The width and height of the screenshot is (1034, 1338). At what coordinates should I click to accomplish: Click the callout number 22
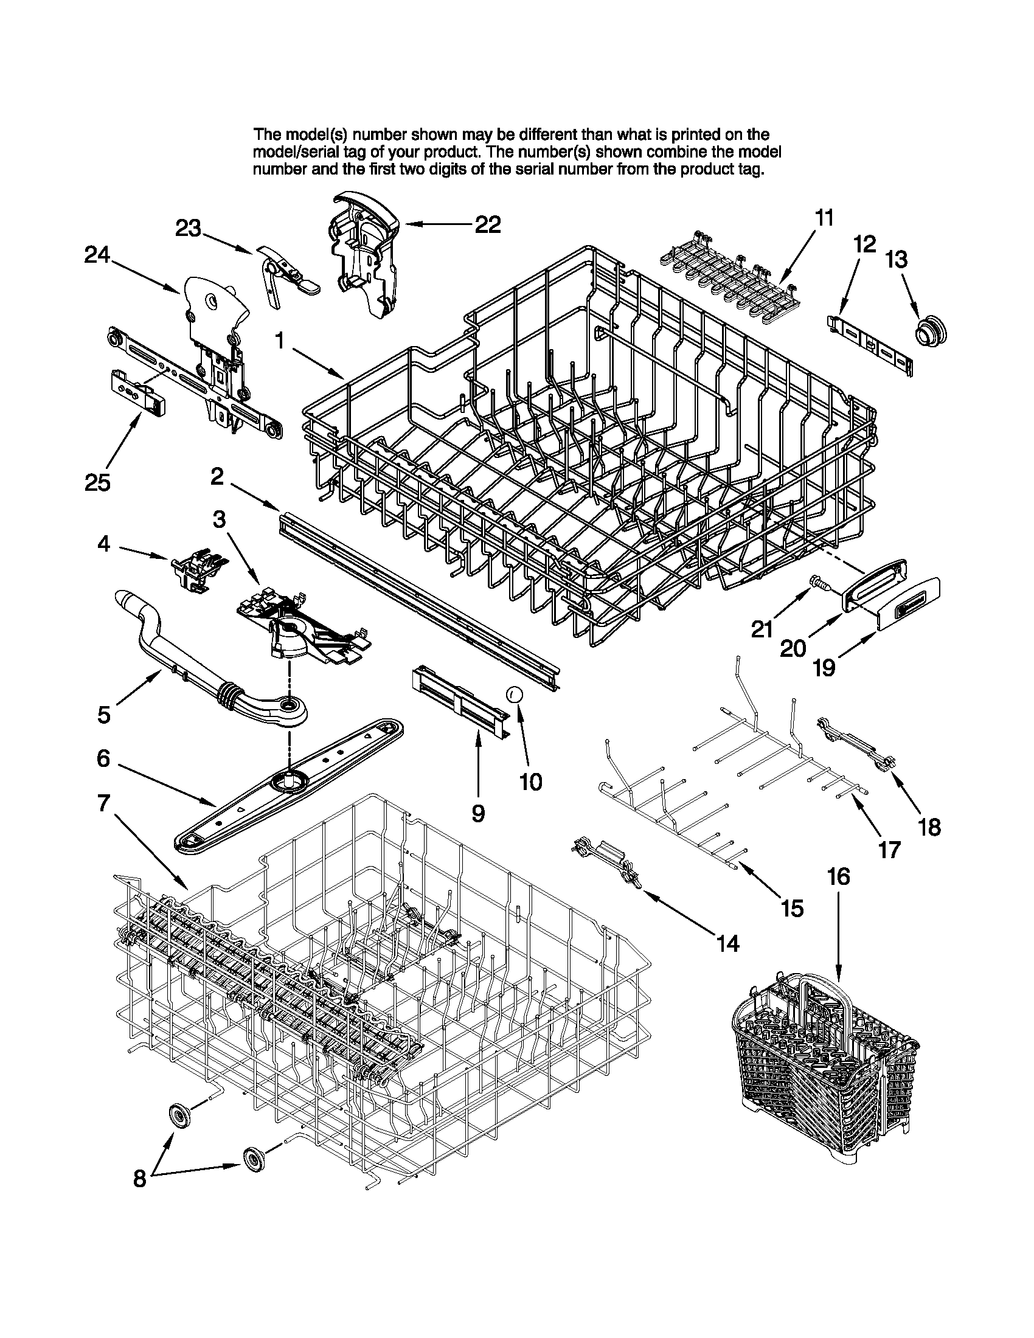[488, 225]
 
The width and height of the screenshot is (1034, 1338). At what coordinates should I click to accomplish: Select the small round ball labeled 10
[514, 694]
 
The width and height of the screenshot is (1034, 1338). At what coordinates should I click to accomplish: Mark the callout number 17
[889, 850]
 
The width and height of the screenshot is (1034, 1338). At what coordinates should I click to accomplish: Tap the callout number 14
[727, 943]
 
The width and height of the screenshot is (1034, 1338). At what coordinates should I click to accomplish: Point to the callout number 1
[280, 341]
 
